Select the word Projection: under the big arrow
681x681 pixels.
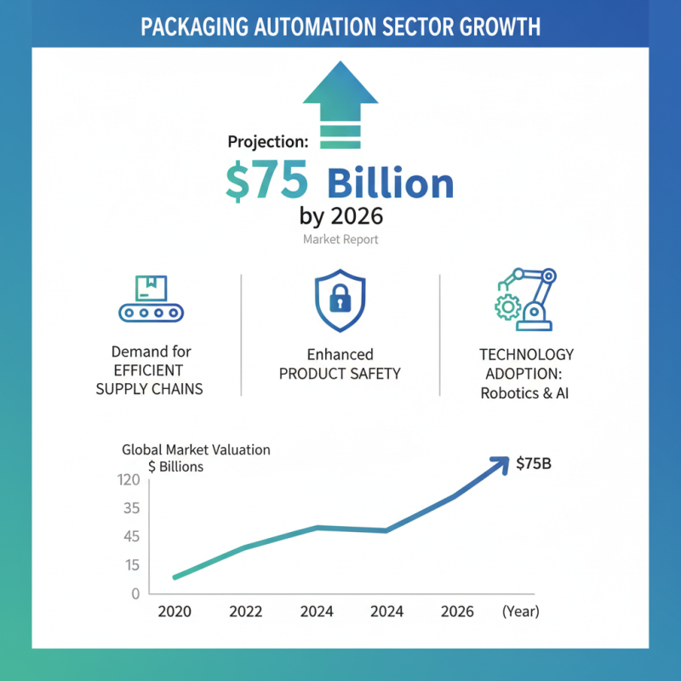pyautogui.click(x=267, y=143)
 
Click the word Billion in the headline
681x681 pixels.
pyautogui.click(x=391, y=184)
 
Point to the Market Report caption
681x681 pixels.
pyautogui.click(x=340, y=239)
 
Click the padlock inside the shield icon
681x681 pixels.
pyautogui.click(x=340, y=298)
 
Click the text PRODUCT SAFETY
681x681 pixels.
pyautogui.click(x=340, y=373)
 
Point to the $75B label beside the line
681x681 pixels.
pyautogui.click(x=535, y=464)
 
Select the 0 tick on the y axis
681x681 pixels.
pyautogui.click(x=134, y=593)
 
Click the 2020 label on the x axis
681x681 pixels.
pyautogui.click(x=175, y=611)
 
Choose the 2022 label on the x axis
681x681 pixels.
pyautogui.click(x=247, y=611)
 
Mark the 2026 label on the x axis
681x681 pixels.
pyautogui.click(x=457, y=611)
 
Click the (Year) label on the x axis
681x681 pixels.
pyautogui.click(x=520, y=611)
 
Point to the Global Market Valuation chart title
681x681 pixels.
pyautogui.click(x=196, y=449)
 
